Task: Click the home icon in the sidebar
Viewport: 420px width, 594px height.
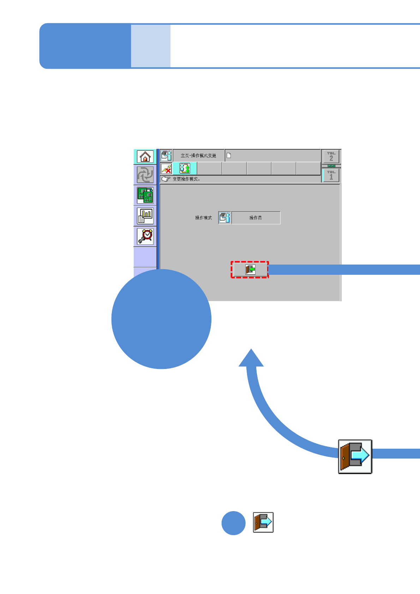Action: tap(145, 157)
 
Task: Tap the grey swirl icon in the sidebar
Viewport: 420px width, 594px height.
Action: tap(145, 175)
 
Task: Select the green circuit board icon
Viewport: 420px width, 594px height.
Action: tap(145, 195)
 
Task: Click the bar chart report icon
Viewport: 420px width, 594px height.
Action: tap(145, 216)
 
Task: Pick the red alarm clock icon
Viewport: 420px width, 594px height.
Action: tap(145, 236)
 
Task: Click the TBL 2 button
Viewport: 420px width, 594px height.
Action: tap(331, 156)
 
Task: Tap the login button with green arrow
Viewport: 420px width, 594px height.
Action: tap(250, 270)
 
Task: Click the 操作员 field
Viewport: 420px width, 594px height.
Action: tap(256, 218)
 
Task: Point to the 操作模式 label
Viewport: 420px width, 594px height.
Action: tap(204, 218)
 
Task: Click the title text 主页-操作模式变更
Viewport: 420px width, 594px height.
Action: tap(198, 156)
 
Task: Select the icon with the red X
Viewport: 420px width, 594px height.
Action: tap(166, 169)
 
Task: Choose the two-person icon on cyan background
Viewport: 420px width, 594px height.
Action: tap(185, 169)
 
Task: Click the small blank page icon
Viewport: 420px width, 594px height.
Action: tap(229, 156)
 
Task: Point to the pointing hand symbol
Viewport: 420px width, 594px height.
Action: tap(166, 179)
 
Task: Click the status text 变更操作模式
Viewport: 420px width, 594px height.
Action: tap(186, 179)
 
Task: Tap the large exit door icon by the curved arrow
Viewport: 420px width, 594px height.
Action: tap(355, 456)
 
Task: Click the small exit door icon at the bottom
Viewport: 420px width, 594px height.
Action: tap(263, 522)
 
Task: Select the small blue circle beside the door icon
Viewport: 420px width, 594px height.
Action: tap(233, 523)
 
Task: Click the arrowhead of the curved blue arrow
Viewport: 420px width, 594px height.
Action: tap(251, 358)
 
